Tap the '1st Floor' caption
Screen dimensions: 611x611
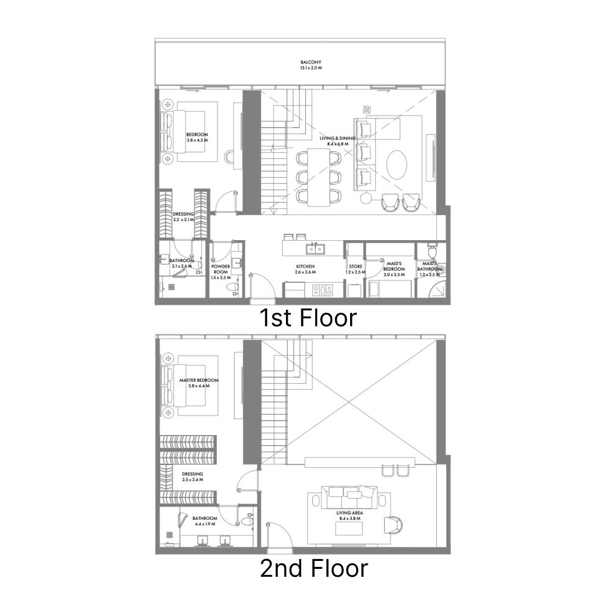307,318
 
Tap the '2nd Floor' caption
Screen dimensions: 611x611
313,569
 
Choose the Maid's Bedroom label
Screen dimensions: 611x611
394,266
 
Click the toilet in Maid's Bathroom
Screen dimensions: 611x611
433,251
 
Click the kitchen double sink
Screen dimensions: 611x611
315,248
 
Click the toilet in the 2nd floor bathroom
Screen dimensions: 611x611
246,521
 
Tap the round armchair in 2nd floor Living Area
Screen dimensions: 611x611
394,524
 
